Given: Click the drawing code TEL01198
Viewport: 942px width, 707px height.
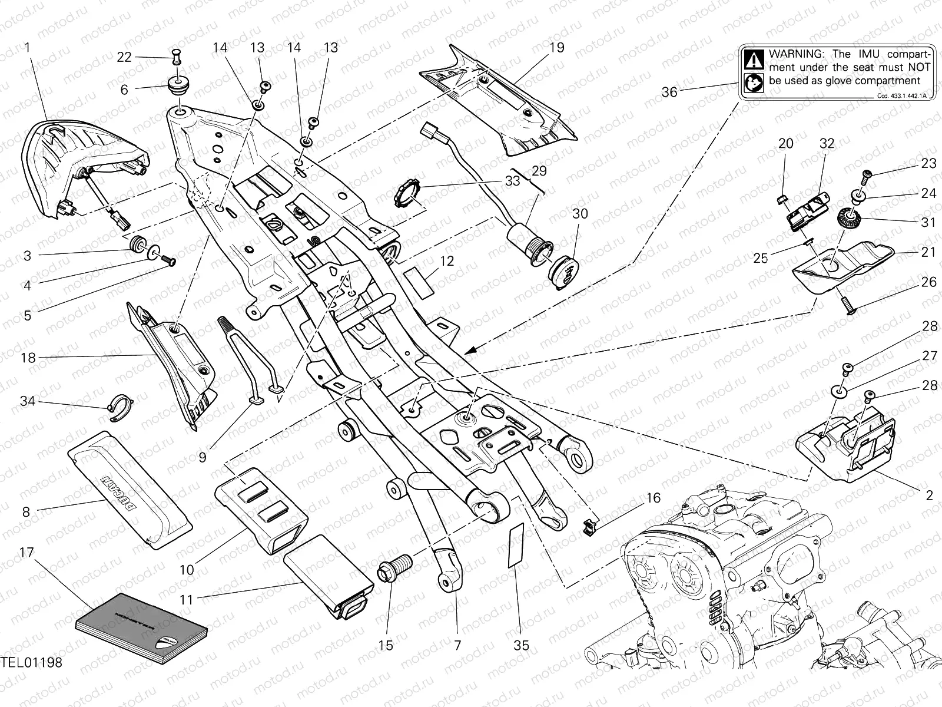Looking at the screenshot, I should coord(31,663).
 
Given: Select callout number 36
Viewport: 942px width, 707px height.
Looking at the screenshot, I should coord(669,92).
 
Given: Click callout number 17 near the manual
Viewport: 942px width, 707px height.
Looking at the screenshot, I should coord(26,553).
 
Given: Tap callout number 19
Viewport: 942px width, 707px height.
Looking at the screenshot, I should coord(556,48).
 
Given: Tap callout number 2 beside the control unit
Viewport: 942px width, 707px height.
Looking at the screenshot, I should coord(929,495).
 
